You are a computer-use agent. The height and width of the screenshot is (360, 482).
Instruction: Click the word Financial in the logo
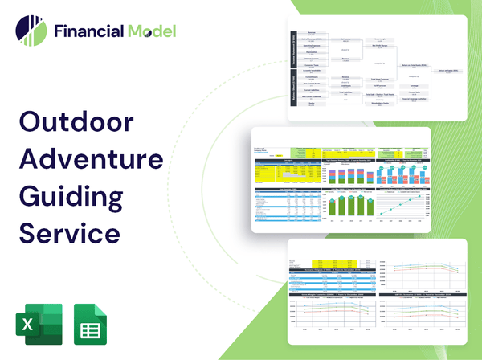coord(88,31)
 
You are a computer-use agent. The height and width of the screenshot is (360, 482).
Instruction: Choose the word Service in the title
coord(69,232)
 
